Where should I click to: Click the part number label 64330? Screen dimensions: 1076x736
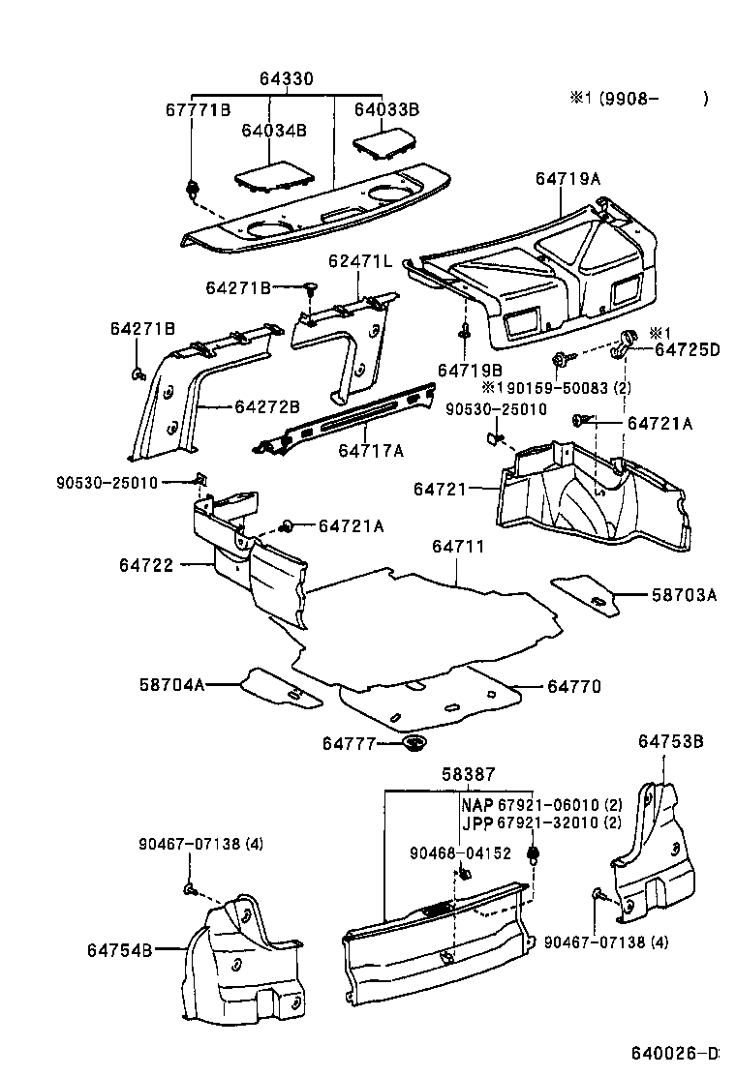tap(286, 79)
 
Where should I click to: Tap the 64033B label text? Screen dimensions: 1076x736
tap(385, 110)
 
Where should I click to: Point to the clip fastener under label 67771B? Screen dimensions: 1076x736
tap(193, 187)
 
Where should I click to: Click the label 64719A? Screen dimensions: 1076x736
tap(567, 178)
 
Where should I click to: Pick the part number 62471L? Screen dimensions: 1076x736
tap(359, 261)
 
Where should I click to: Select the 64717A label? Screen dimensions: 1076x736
tap(371, 449)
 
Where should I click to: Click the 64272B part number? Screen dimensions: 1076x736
tap(267, 406)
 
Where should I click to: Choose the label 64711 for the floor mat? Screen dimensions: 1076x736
tap(458, 547)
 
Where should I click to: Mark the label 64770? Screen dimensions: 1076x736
tap(574, 687)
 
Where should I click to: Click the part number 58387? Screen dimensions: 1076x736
tap(469, 775)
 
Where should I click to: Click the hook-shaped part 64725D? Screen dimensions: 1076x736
tap(626, 341)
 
